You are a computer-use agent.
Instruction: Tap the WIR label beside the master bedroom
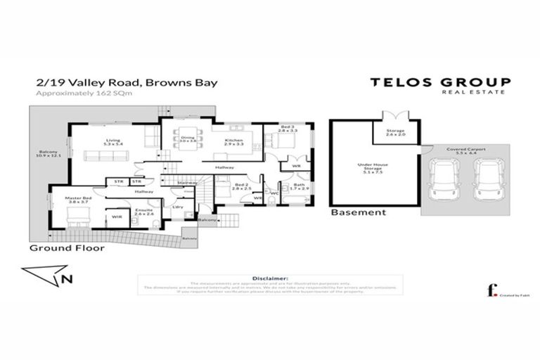(115, 217)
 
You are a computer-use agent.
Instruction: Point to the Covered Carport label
(462, 150)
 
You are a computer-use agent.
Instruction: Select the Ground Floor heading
(67, 248)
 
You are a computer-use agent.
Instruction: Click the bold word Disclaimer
(269, 278)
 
